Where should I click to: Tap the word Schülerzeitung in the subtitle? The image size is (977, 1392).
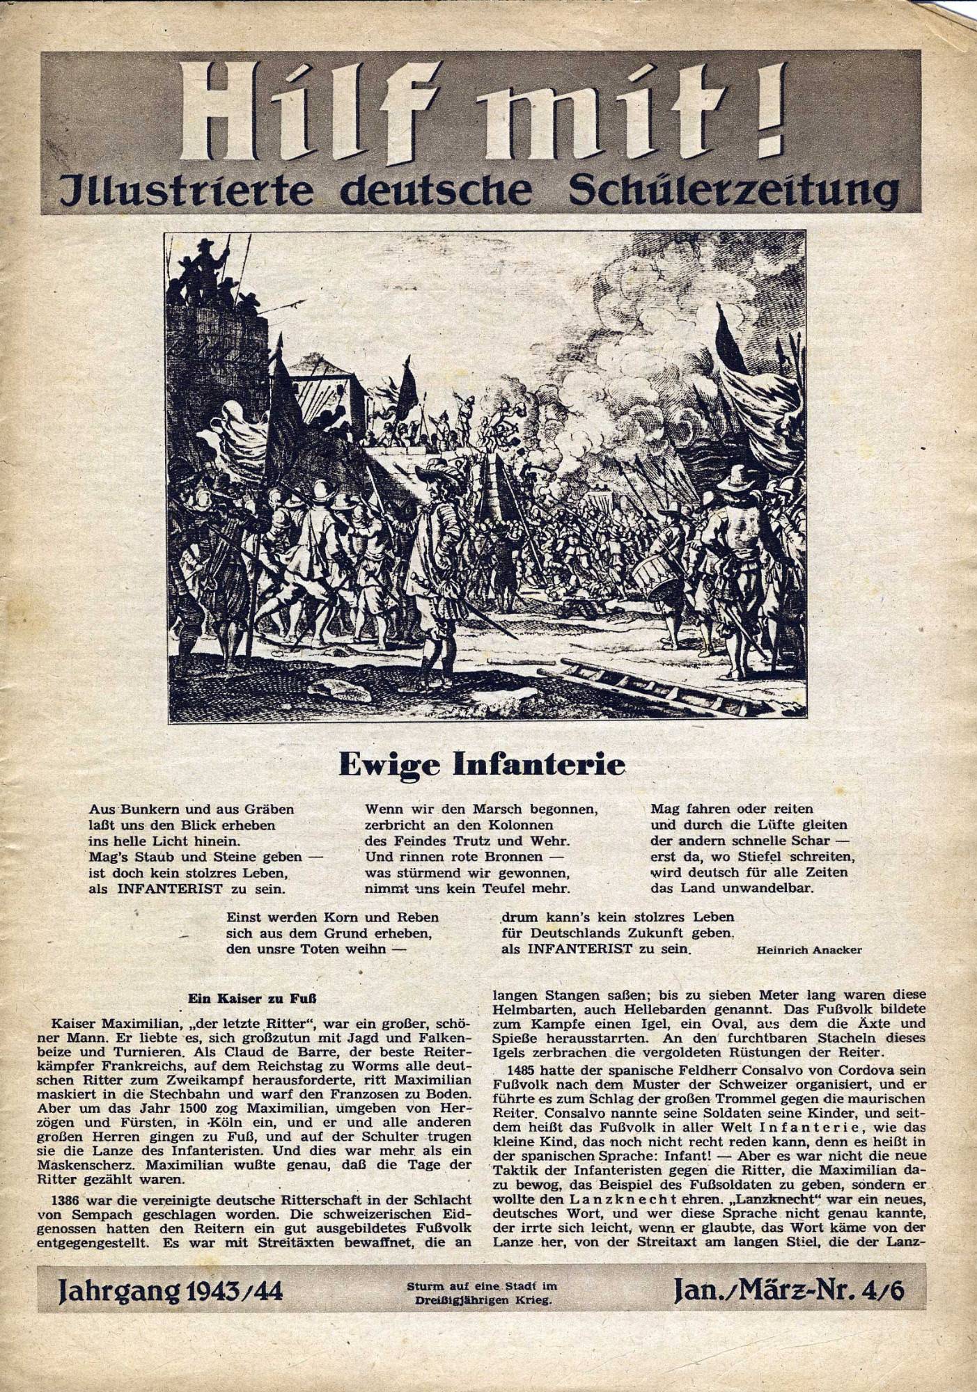733,189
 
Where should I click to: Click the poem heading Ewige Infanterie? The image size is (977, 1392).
481,764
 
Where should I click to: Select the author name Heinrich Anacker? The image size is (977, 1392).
808,949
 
